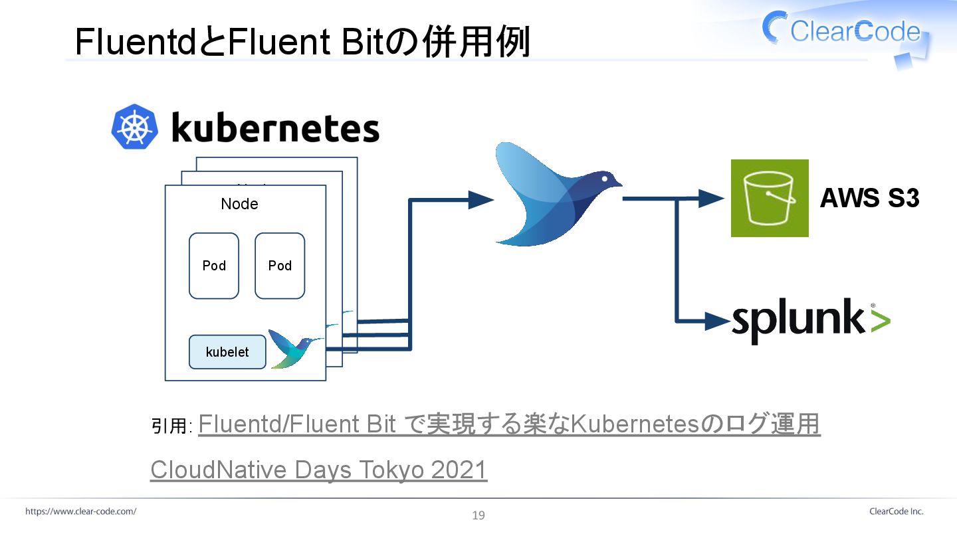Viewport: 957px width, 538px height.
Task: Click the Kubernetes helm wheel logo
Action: coord(136,126)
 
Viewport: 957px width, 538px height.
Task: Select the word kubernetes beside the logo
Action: coord(275,128)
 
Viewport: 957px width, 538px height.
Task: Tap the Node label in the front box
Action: coord(239,204)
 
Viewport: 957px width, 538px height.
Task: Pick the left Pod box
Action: coord(214,266)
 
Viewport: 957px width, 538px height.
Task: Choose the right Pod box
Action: coord(280,266)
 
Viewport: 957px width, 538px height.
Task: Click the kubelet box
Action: coord(227,352)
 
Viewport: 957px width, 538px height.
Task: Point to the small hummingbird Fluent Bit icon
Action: coord(292,348)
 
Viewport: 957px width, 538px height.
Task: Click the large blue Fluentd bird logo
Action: coord(555,193)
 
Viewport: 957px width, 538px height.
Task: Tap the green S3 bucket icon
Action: coord(770,198)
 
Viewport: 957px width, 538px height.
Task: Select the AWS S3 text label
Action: coord(869,198)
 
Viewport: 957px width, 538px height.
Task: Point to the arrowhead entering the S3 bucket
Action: coord(712,198)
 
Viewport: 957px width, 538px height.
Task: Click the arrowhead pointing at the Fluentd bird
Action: coord(480,199)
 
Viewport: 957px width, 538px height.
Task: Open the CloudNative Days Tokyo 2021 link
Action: coord(319,470)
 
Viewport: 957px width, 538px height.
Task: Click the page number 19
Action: coord(478,515)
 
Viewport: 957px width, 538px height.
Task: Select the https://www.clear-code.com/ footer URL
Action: coord(81,511)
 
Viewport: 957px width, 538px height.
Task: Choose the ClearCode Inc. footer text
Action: coord(896,511)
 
